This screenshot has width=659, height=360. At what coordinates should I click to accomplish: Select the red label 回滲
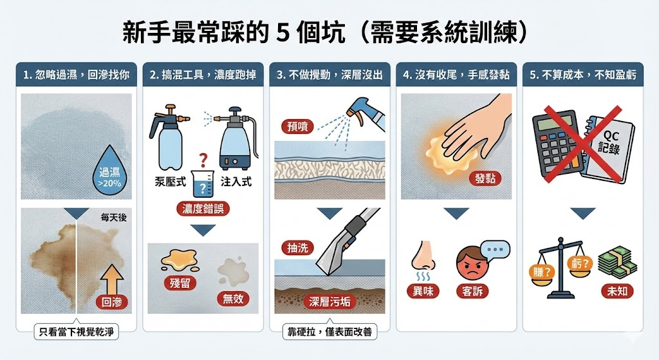tap(111, 301)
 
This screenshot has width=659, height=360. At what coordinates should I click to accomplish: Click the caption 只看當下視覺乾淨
tap(76, 333)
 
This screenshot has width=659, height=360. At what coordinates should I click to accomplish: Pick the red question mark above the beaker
tap(203, 159)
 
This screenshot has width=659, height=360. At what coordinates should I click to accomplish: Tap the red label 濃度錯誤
tap(203, 209)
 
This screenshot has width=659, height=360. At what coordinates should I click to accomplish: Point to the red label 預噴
tap(297, 126)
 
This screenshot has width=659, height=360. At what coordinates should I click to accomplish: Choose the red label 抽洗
tap(296, 247)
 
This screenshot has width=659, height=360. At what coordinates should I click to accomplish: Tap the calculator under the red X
tap(555, 142)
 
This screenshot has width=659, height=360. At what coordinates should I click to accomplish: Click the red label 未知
tap(617, 291)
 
